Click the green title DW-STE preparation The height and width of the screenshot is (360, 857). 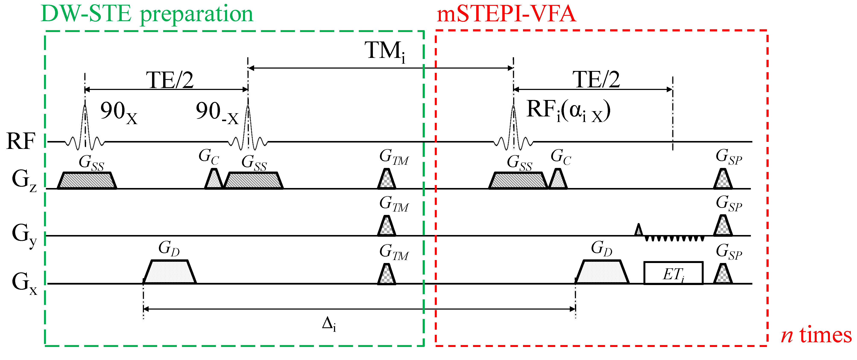click(147, 14)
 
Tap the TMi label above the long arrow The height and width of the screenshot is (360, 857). click(385, 51)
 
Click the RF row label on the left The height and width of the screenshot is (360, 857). click(21, 141)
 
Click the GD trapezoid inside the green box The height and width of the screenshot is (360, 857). click(170, 272)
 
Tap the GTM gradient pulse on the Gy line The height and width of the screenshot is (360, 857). click(387, 226)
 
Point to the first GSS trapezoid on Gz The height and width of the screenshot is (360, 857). click(87, 181)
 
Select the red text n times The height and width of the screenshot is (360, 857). click(816, 335)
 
